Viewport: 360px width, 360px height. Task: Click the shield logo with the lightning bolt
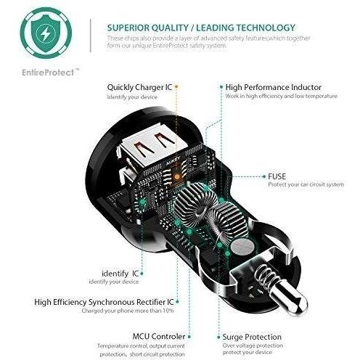point(46,33)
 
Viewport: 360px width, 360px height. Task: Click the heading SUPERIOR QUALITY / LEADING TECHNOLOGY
point(201,28)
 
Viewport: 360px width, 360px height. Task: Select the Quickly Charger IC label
point(139,87)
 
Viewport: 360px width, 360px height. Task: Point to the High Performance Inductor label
point(274,87)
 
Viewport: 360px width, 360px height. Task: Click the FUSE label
point(277,176)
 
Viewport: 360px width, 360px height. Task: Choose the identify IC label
point(120,274)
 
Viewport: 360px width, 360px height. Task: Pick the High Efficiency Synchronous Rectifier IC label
point(104,302)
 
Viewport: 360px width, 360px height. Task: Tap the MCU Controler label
point(159,336)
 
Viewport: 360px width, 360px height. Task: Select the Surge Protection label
point(252,337)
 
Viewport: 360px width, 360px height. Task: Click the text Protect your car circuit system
point(306,184)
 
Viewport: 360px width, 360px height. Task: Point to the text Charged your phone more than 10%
point(128,311)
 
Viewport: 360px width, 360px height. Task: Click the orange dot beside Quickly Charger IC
point(176,86)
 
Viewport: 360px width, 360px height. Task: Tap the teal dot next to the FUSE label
point(264,176)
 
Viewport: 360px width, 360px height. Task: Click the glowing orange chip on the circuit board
point(177,177)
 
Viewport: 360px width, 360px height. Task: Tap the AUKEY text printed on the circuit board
point(173,161)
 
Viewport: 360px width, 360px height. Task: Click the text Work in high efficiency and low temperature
point(282,96)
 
